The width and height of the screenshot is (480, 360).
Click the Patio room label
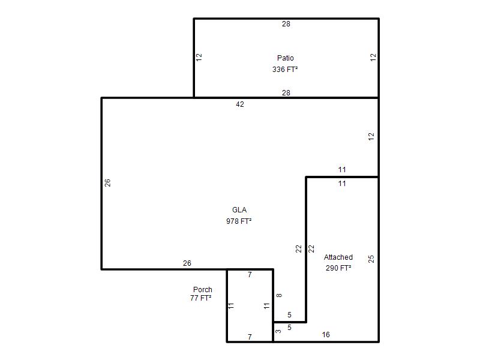click(286, 58)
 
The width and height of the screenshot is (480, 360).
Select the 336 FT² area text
click(285, 70)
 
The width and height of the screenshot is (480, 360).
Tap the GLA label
click(239, 209)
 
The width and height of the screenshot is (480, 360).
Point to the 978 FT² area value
click(239, 221)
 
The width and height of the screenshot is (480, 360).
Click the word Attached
click(338, 257)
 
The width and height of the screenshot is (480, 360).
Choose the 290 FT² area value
click(338, 268)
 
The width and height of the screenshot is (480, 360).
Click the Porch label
click(203, 289)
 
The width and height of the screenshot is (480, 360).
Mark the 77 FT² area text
click(201, 298)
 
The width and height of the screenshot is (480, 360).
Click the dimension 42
click(240, 104)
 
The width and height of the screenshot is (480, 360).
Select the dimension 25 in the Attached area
click(371, 259)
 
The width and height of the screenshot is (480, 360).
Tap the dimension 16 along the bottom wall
click(326, 335)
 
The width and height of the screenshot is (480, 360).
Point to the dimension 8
click(279, 295)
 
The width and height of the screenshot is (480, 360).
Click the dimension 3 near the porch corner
click(278, 331)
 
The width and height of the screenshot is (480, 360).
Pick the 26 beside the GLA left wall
click(107, 183)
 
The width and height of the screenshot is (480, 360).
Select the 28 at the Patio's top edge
click(286, 24)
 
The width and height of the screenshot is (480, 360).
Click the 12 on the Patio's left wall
click(199, 57)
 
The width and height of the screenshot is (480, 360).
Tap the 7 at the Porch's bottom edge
click(250, 337)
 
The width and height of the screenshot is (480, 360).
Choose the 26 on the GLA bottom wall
click(187, 263)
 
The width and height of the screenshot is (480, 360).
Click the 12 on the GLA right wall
click(371, 137)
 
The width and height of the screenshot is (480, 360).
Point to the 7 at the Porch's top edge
click(250, 275)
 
